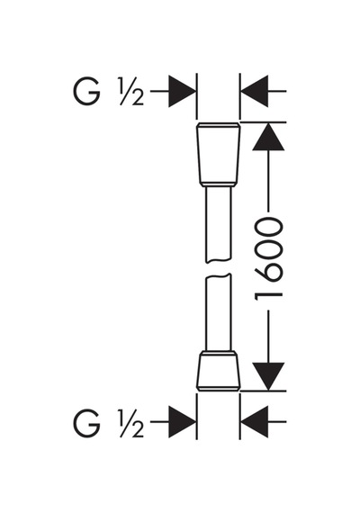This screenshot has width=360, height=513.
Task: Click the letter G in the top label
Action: point(86,92)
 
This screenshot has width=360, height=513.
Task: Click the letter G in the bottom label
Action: point(86,423)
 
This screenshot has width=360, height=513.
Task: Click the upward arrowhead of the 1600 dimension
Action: point(268,137)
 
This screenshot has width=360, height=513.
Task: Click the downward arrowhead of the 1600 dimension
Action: point(268,376)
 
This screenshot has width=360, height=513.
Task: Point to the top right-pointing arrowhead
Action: point(182,91)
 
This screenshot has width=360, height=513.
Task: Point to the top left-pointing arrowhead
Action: point(255,91)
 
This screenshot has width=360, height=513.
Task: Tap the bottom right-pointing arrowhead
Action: point(182,422)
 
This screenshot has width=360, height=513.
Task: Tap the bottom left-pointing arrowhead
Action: point(255,422)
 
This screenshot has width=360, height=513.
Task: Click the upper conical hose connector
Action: point(219,155)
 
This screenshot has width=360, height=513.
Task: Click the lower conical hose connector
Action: point(219,371)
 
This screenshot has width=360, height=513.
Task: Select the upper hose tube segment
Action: point(219,224)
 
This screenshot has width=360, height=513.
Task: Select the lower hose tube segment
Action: point(219,313)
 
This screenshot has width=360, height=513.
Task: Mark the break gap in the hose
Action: point(219,268)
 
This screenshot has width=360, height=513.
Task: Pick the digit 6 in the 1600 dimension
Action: point(268,272)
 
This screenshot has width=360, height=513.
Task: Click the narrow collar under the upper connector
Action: point(219,184)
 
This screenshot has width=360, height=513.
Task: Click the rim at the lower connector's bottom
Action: point(219,388)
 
